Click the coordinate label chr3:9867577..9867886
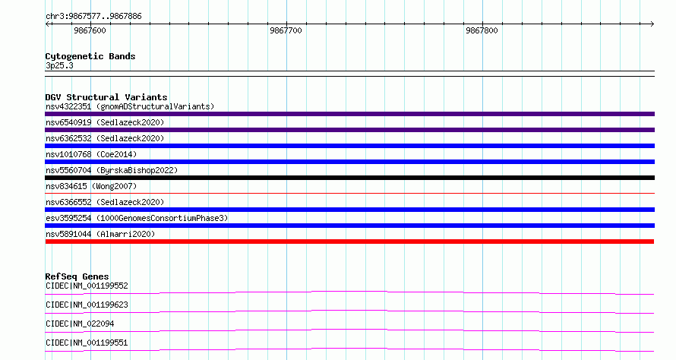[93, 17]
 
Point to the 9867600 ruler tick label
[90, 30]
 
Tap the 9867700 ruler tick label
[286, 30]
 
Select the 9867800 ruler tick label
[482, 30]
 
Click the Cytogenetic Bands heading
[90, 56]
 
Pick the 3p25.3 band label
[59, 65]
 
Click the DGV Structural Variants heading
[106, 97]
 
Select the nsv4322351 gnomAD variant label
[130, 106]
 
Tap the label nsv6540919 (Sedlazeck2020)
[105, 122]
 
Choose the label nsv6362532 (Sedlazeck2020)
[105, 138]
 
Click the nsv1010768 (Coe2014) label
[91, 154]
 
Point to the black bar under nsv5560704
[349, 178]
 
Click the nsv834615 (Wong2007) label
[91, 186]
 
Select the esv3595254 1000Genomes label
[137, 218]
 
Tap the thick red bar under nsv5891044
[349, 242]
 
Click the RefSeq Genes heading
[77, 276]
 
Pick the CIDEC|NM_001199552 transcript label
[87, 286]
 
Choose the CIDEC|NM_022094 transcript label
[80, 324]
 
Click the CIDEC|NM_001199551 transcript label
[87, 343]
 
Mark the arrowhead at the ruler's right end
[653, 24]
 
